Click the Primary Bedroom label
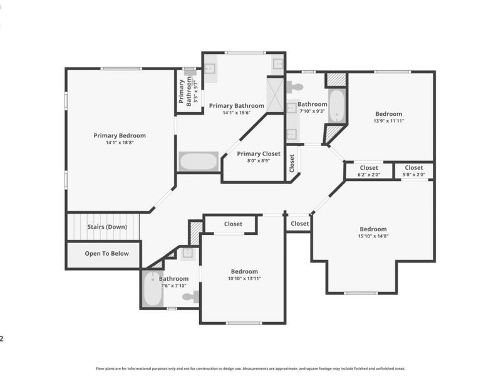(120, 135)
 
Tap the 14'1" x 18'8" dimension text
(120, 143)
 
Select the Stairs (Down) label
(107, 227)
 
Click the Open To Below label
(106, 254)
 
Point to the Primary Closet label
(259, 154)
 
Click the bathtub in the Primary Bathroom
(199, 162)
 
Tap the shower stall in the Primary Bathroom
(275, 95)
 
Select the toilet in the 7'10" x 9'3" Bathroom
(294, 86)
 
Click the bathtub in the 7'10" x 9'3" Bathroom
(337, 105)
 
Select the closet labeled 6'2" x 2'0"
(369, 171)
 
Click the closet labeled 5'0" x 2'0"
(414, 171)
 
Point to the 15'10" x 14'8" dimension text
(373, 236)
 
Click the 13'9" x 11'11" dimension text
(388, 121)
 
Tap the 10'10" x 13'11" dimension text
(244, 278)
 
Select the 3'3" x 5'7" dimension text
(196, 91)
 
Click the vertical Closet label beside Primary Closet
(292, 163)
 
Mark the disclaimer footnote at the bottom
(250, 368)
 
